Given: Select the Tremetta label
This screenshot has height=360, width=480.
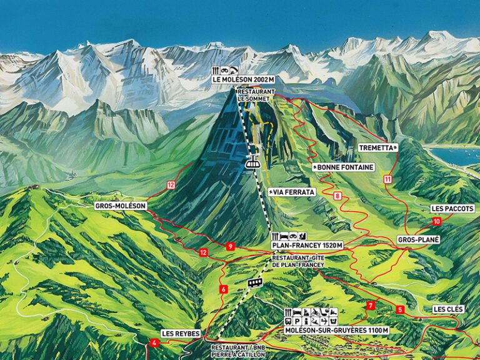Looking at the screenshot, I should (x=379, y=148).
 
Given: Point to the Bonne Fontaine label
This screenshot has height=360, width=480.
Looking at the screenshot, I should (x=343, y=167).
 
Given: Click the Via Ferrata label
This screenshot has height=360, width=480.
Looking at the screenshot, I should (x=291, y=192).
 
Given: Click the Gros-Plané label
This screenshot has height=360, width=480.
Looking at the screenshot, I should (x=419, y=239).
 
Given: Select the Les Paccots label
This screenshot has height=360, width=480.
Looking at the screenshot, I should (x=452, y=208).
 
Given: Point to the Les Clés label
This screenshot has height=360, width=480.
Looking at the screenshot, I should (x=448, y=309).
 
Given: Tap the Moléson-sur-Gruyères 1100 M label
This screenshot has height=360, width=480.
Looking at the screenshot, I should (x=336, y=330).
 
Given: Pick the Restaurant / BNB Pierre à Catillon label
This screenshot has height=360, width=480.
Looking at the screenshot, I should (x=237, y=351).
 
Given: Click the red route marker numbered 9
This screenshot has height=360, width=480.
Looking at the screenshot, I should (x=231, y=246).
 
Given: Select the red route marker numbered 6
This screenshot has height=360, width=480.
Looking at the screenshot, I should (x=222, y=289).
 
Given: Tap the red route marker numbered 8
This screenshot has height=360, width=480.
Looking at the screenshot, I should (x=337, y=196).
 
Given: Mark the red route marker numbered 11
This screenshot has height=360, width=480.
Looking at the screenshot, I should (x=387, y=179).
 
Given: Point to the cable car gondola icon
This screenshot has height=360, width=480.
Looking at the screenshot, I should (x=253, y=162).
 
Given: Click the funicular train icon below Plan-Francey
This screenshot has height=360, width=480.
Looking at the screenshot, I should (x=254, y=282).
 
